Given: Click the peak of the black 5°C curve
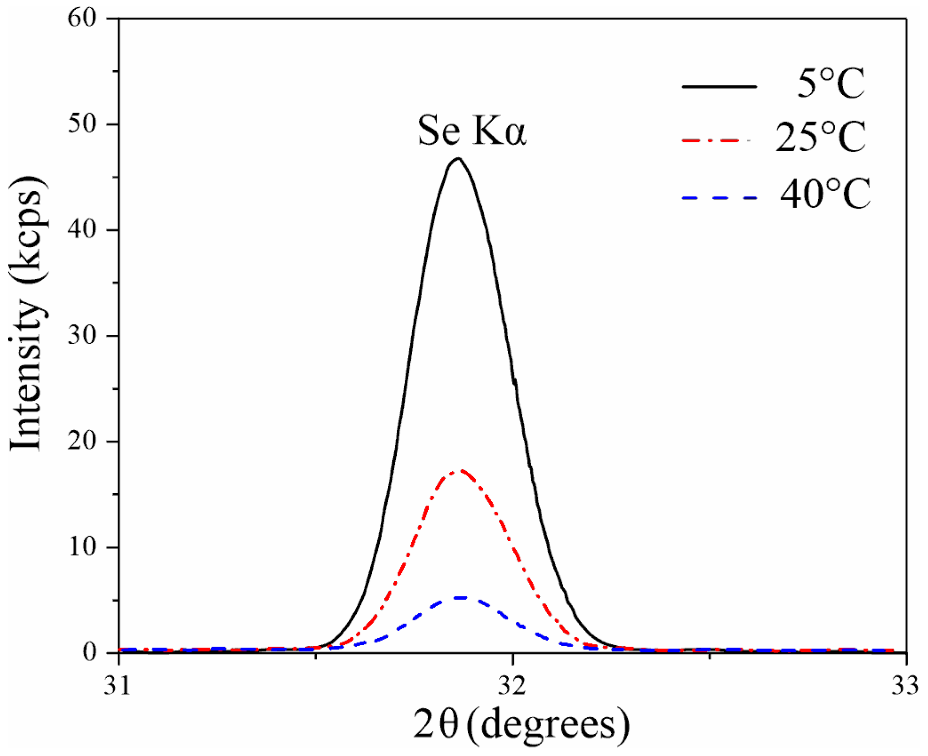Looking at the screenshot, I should [x=458, y=159].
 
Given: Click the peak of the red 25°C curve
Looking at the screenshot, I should [x=461, y=470].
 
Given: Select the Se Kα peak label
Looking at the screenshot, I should [x=472, y=131].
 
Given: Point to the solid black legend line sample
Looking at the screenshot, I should [x=719, y=87].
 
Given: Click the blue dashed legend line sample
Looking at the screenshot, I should [x=719, y=197].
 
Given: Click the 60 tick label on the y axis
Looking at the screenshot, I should [x=82, y=19].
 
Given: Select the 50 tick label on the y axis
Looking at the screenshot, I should [x=82, y=124].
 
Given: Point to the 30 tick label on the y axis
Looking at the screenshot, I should [x=82, y=335].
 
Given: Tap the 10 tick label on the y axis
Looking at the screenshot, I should [x=82, y=547].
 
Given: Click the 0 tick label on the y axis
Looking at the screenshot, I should [x=90, y=652].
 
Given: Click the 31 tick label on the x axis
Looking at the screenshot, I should [x=118, y=685].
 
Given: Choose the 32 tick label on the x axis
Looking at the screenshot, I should [x=512, y=685].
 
